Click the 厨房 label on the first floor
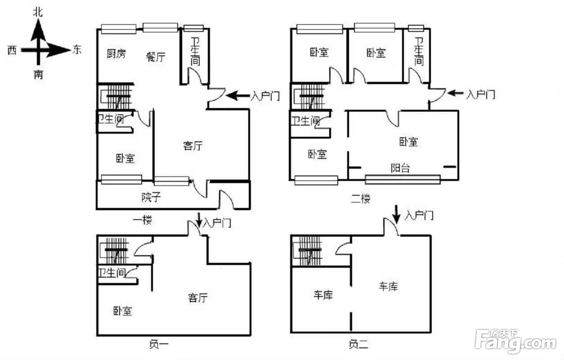(116, 54)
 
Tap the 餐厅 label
(156, 57)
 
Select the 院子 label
(151, 197)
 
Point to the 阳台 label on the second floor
(400, 168)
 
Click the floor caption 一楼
(143, 220)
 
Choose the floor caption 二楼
(360, 198)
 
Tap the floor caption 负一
(158, 345)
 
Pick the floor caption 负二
(358, 345)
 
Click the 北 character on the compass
(38, 12)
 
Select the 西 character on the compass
(13, 50)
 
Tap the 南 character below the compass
(38, 75)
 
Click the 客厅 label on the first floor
(193, 146)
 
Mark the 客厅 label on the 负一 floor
(198, 298)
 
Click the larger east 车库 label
(388, 286)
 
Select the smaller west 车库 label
(322, 295)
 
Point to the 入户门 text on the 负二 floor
(419, 216)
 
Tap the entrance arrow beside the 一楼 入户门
(237, 95)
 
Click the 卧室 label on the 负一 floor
(122, 311)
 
